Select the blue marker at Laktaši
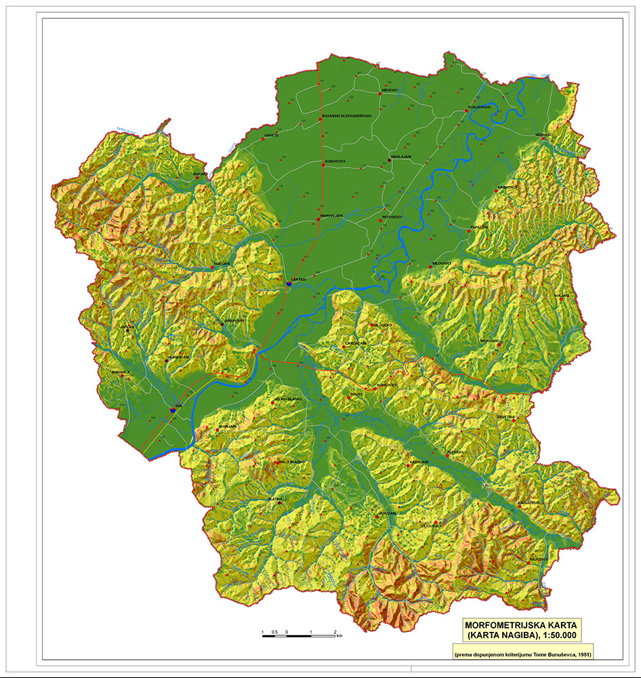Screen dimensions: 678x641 tap(289, 284)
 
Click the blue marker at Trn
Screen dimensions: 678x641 tap(173, 410)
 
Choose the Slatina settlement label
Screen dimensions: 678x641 tap(275, 498)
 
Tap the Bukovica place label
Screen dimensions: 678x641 tap(121, 372)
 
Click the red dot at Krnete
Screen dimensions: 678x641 tap(263, 139)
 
